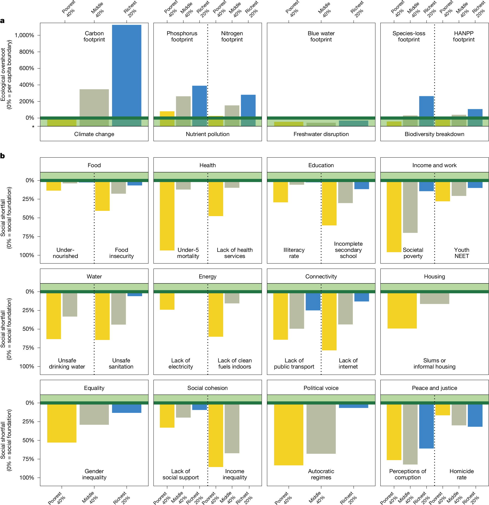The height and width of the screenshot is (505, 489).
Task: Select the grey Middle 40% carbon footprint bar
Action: click(94, 103)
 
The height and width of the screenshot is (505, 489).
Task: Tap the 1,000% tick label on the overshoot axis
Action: click(25, 35)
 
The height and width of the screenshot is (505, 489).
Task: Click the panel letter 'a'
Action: click(3, 21)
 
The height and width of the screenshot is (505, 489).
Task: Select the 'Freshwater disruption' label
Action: click(321, 134)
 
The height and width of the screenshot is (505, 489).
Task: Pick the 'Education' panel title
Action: click(321, 165)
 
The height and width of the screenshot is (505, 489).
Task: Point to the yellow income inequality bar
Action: click(216, 435)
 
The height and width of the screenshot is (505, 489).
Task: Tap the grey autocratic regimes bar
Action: click(321, 429)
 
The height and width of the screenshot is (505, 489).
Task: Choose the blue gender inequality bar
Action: click(126, 408)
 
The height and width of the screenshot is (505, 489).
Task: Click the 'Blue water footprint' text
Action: click(321, 36)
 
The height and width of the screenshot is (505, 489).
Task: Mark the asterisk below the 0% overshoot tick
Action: click(33, 127)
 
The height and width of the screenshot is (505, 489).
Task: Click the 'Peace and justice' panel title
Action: click(434, 388)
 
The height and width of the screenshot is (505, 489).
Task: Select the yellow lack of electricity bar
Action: click(167, 301)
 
